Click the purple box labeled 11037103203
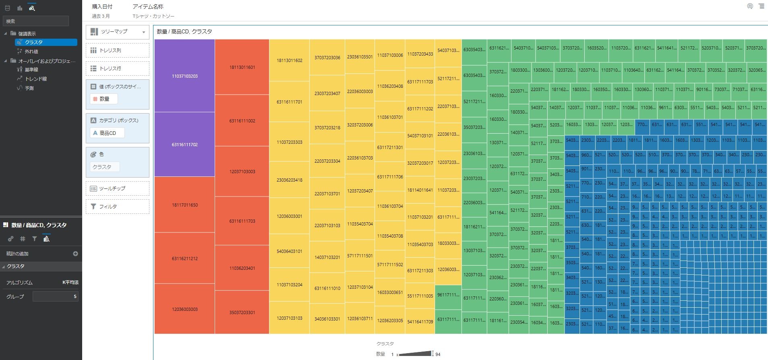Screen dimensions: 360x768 tap(184, 76)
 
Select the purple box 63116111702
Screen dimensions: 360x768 tap(184, 144)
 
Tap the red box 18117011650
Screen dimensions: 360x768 tap(184, 205)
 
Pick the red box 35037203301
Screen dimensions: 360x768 tap(242, 312)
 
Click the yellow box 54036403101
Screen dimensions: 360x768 tap(289, 251)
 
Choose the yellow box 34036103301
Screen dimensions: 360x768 tap(327, 319)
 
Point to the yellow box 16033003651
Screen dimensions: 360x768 tap(390, 292)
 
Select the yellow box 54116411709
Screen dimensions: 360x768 tap(420, 321)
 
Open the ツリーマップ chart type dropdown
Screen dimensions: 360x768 tap(118, 32)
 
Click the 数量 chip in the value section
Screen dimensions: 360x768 tap(104, 99)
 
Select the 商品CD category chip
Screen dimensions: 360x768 tap(107, 133)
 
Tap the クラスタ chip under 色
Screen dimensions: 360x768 tap(104, 167)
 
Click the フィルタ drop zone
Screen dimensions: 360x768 tap(118, 207)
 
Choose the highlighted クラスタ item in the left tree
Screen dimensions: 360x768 tap(46, 42)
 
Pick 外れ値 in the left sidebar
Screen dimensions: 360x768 tap(31, 52)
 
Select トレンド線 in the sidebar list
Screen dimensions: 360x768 tap(36, 79)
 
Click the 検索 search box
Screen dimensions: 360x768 tap(36, 21)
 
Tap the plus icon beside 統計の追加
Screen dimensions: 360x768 tap(75, 254)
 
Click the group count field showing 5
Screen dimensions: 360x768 tap(56, 296)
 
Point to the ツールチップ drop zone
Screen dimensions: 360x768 tap(118, 188)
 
